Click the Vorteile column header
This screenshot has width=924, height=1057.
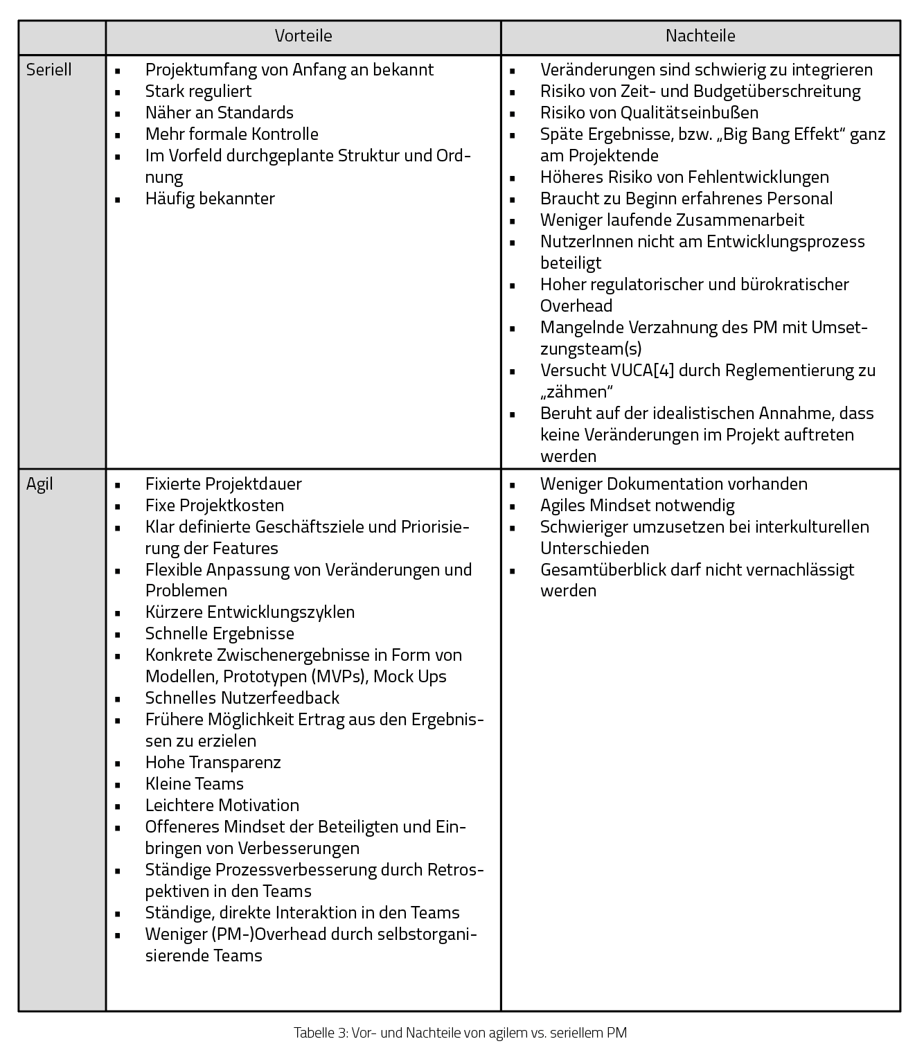[303, 36]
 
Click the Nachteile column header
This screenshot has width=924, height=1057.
[700, 36]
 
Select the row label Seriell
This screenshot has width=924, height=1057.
[49, 70]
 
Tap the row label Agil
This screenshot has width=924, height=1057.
[39, 484]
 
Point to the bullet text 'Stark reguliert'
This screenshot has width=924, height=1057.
[198, 91]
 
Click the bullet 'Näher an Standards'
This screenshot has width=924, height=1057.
[219, 113]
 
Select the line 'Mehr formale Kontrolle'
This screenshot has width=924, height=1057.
[231, 134]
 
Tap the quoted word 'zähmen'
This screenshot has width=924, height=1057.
[577, 392]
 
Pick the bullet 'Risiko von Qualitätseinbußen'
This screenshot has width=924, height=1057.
[649, 113]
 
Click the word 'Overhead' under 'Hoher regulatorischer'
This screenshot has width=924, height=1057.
[576, 306]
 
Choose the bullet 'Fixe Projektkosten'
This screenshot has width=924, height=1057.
[214, 506]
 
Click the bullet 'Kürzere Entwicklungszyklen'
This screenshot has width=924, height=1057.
[249, 612]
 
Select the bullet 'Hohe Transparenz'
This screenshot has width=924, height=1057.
[213, 763]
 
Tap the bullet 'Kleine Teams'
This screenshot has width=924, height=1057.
[194, 784]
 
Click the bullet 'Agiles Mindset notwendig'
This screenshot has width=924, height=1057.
[637, 506]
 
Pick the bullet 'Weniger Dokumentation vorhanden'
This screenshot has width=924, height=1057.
[673, 484]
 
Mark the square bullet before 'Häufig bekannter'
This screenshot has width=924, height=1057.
[118, 199]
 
